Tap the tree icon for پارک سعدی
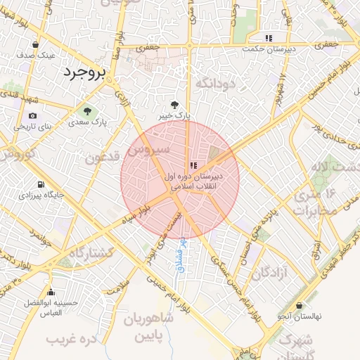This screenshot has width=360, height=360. pyautogui.click(x=87, y=111)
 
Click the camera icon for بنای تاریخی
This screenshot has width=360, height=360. pyautogui.click(x=32, y=116)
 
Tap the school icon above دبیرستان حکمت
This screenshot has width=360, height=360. pyautogui.click(x=268, y=38)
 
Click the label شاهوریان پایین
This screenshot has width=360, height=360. pyautogui.click(x=148, y=328)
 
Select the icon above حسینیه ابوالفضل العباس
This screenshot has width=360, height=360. pyautogui.click(x=50, y=292)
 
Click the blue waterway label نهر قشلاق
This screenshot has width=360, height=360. pyautogui.click(x=181, y=255)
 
